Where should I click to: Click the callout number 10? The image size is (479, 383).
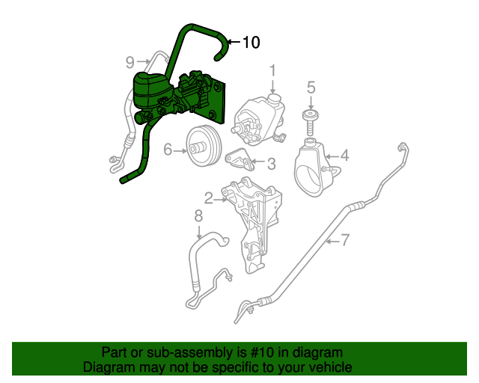(x=251, y=43)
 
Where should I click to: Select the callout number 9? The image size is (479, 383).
(x=129, y=61)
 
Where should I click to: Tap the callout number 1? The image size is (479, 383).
(x=273, y=70)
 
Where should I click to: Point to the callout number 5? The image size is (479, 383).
(x=311, y=88)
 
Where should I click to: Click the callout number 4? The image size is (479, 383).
(x=344, y=156)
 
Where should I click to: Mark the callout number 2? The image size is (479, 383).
(x=209, y=198)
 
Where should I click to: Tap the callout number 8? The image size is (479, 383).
(x=198, y=217)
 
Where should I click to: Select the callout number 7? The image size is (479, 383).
(x=345, y=240)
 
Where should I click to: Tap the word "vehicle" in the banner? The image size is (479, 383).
(x=329, y=367)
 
